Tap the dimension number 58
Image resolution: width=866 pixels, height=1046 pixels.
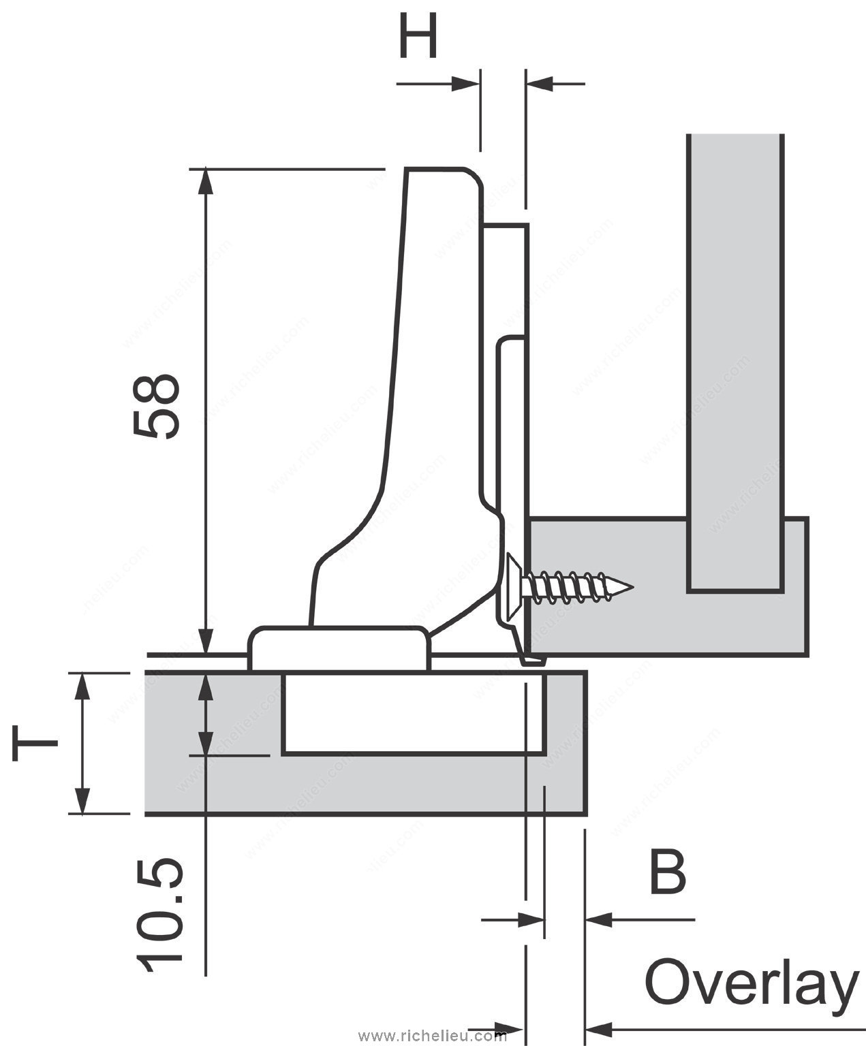[156, 407]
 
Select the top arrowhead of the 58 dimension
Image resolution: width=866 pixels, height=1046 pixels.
[206, 181]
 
